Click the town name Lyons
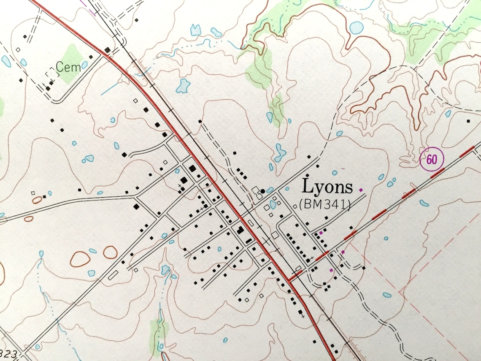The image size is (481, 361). tap(327, 187)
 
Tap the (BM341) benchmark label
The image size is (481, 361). tap(325, 205)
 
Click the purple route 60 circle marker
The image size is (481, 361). tap(431, 160)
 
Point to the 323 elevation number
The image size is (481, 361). tap(9, 352)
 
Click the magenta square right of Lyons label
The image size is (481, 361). tap(360, 190)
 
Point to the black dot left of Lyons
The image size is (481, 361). tap(263, 191)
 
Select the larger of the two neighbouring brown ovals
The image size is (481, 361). tap(80, 258)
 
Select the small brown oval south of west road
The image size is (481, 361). tap(29, 219)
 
